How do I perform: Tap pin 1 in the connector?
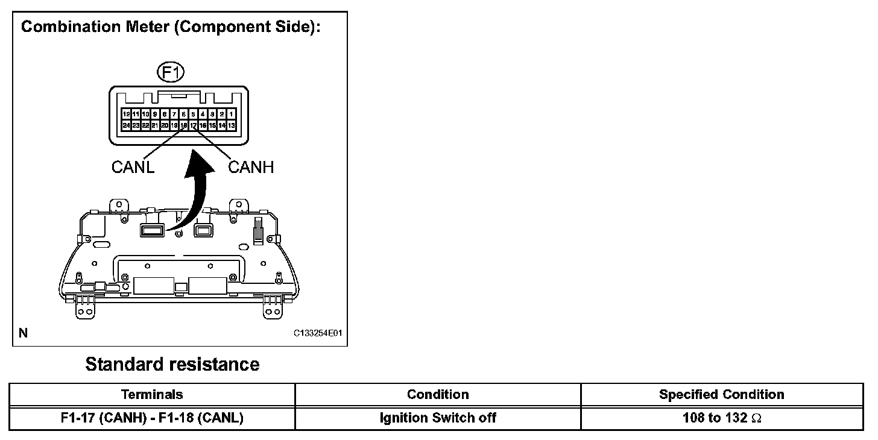[x=232, y=113]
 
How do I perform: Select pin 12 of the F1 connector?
[x=126, y=113]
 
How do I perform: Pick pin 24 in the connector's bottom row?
[x=126, y=125]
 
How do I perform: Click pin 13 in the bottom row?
[x=232, y=125]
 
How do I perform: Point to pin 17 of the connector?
[x=193, y=125]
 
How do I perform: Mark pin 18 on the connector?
[x=183, y=125]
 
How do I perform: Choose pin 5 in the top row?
[x=193, y=113]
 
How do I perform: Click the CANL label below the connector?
[x=133, y=167]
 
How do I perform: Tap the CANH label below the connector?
[x=251, y=167]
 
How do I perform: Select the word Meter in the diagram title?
[x=142, y=28]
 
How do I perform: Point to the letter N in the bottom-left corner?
[x=24, y=332]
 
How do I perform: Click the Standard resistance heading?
[x=172, y=364]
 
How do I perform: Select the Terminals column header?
[x=152, y=395]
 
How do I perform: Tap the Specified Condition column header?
[x=721, y=395]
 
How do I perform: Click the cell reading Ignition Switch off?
[x=438, y=418]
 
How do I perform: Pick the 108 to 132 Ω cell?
[x=721, y=418]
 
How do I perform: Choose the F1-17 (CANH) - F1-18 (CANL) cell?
[x=152, y=418]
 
